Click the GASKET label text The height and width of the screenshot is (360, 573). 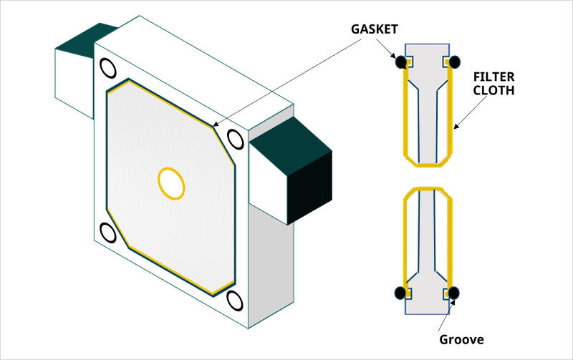(x=374, y=29)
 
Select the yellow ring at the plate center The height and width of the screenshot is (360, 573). (x=171, y=183)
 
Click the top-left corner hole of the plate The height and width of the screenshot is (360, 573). (x=107, y=68)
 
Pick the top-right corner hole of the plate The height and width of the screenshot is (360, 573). (x=233, y=137)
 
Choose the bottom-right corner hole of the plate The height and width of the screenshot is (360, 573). (x=233, y=298)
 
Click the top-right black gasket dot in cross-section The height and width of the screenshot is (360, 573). (x=454, y=62)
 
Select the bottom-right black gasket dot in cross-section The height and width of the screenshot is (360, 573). (x=454, y=293)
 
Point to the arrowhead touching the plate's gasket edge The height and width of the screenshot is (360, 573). (x=215, y=127)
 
